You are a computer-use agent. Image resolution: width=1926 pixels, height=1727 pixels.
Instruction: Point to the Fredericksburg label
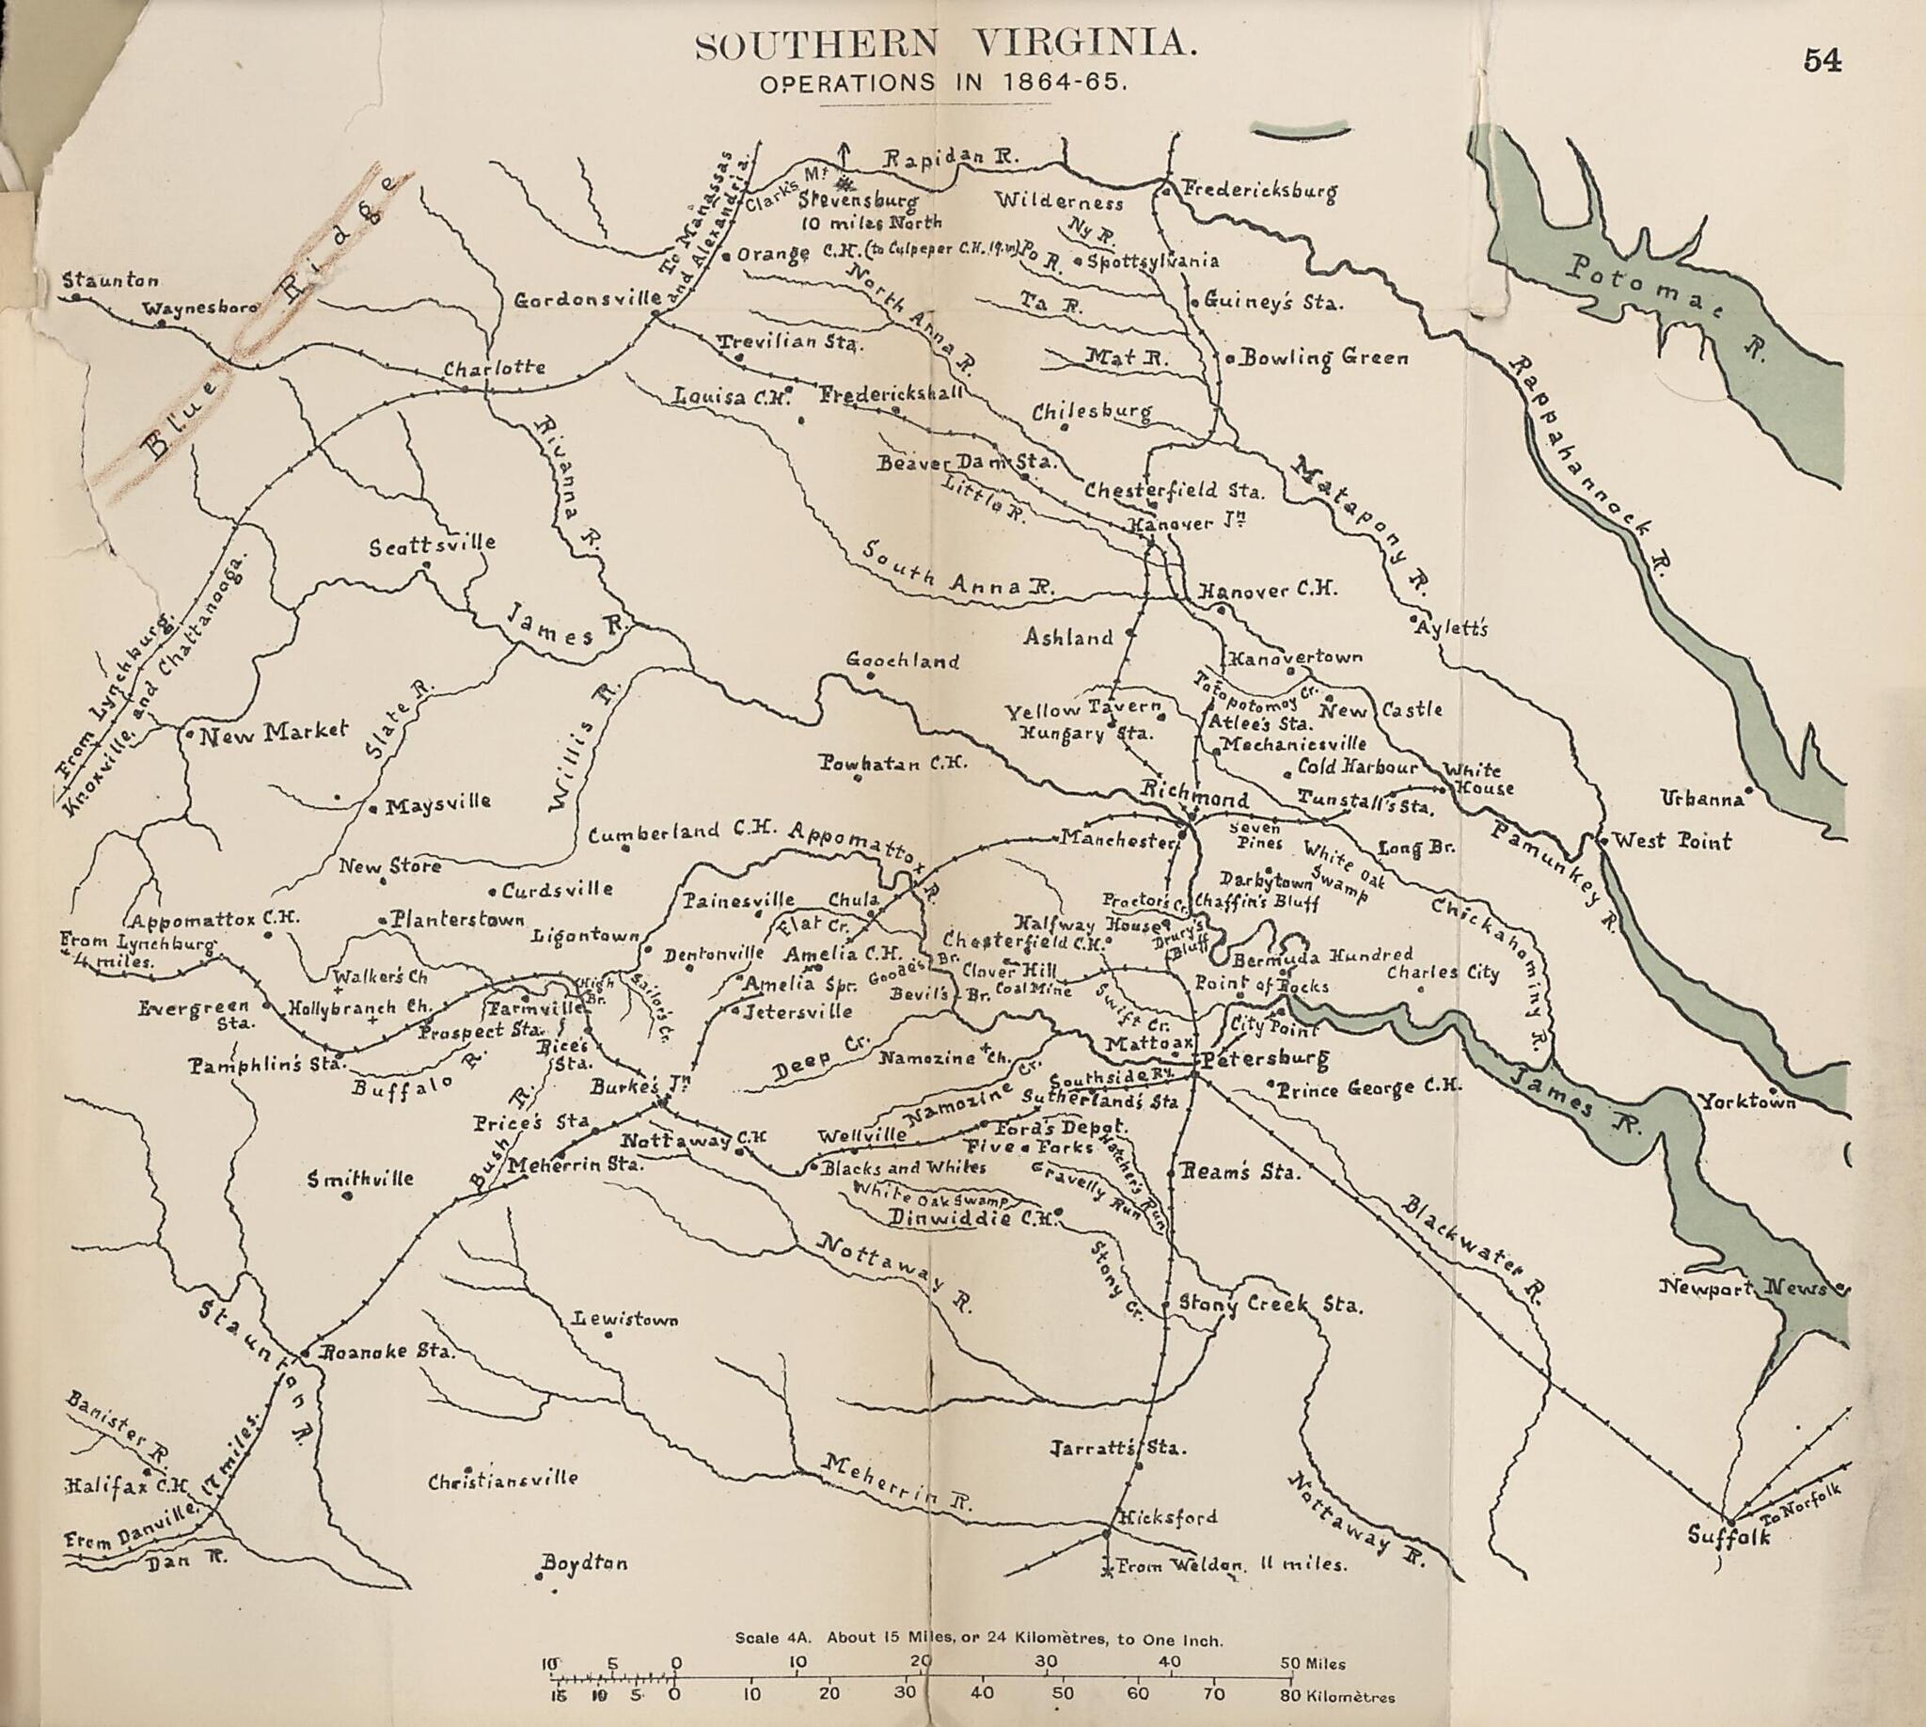(1259, 191)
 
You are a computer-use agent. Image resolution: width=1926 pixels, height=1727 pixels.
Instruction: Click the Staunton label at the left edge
(111, 281)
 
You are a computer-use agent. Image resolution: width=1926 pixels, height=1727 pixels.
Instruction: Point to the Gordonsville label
(586, 301)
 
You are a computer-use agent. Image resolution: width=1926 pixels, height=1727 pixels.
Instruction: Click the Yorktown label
(1746, 1101)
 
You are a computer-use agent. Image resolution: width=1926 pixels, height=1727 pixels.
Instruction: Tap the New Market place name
(274, 732)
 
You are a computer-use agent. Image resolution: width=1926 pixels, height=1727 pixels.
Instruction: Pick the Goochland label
(902, 661)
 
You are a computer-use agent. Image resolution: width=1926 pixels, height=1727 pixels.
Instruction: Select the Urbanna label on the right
(1702, 799)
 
